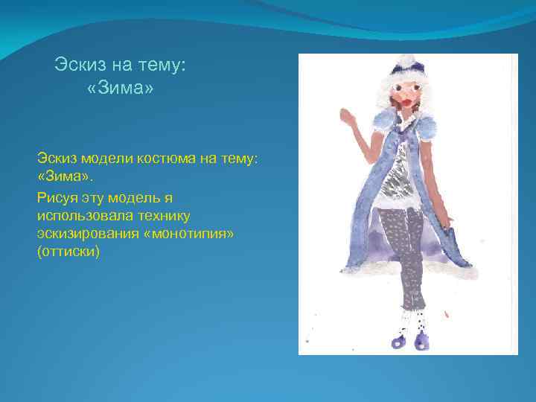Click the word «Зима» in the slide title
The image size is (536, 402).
pos(119,91)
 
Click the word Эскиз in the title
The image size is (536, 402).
pos(79,66)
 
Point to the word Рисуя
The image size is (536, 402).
pos(57,197)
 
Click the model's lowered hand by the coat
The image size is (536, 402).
pos(450,221)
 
